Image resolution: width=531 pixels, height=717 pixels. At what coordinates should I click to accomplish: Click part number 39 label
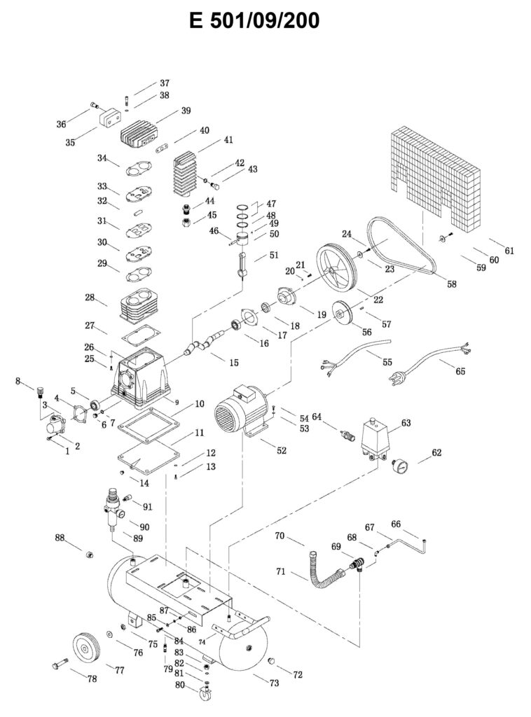(186, 111)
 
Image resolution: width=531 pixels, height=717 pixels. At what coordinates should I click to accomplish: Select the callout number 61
(509, 251)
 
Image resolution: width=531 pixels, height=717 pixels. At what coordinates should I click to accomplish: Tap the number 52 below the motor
(281, 451)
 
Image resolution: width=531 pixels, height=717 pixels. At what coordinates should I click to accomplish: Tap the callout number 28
(90, 298)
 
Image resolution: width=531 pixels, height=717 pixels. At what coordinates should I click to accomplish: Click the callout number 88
(60, 538)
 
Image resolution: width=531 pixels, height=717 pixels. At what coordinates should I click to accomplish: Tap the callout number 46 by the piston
(214, 230)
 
